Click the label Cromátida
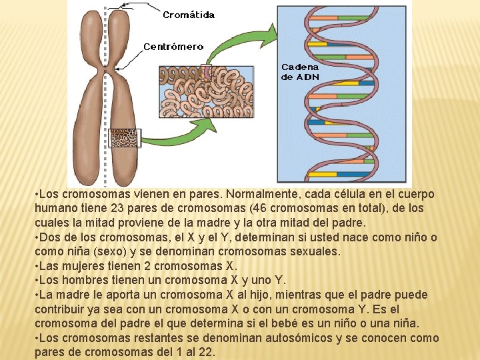tap(189, 15)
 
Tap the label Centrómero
tap(174, 47)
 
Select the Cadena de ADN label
tap(300, 72)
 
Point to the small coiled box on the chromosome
tap(124, 138)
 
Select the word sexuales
tap(313, 251)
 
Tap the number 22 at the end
tap(205, 352)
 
